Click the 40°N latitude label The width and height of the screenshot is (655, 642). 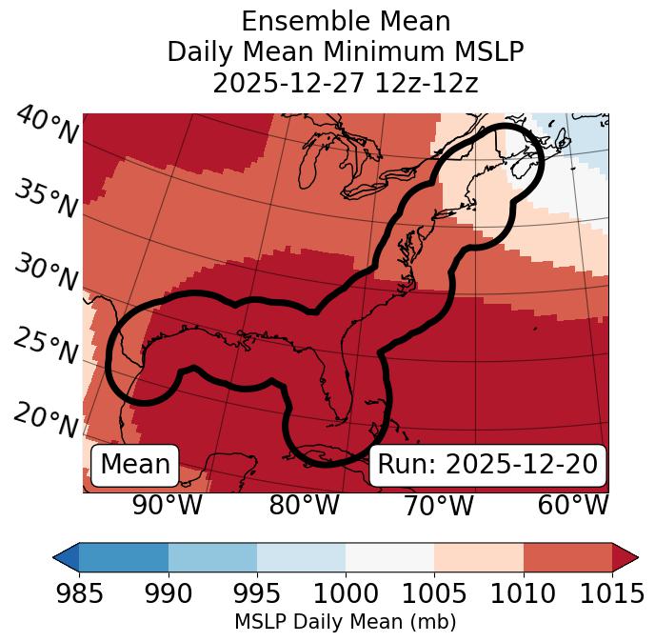[x=46, y=126]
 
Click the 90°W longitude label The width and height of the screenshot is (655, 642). [x=168, y=505]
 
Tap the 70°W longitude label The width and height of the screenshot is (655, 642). [x=438, y=505]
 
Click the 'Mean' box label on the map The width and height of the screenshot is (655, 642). [x=135, y=465]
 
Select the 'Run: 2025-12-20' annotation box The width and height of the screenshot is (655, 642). [x=487, y=465]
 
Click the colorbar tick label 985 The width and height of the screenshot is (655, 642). [x=79, y=593]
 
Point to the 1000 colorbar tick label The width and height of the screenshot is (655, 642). [x=346, y=593]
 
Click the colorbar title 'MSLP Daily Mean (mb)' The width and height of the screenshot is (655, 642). [x=345, y=622]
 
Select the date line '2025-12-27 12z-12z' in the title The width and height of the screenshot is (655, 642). [x=345, y=83]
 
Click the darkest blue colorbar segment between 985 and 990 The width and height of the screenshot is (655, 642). [x=124, y=557]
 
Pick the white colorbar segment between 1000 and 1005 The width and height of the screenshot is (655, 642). [x=389, y=557]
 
